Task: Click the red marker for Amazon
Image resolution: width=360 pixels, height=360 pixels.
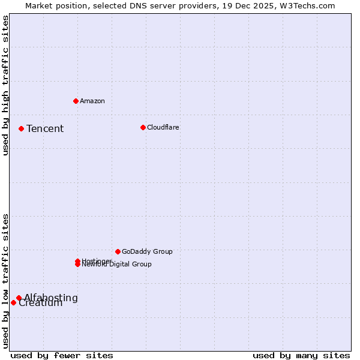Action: [76, 101]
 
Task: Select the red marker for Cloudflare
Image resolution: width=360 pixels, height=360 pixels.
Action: [143, 127]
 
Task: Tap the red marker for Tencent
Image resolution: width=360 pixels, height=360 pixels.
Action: [21, 128]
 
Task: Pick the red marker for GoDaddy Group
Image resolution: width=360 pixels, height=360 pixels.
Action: [118, 251]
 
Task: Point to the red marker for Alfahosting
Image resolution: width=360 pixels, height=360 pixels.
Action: [19, 298]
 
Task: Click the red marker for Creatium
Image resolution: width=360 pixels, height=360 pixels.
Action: [13, 302]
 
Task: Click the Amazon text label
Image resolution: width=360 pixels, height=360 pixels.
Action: [92, 101]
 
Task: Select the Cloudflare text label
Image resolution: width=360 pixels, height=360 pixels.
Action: [163, 127]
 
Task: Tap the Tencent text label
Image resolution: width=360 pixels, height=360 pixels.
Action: [45, 128]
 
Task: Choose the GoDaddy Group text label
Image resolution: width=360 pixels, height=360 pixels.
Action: [147, 251]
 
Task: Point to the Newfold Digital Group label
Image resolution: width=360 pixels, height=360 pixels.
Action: [117, 265]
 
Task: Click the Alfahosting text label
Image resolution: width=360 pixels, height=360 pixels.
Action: [51, 298]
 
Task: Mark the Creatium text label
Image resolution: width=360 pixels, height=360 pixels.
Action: [41, 304]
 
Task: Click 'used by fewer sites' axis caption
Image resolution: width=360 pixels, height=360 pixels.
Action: [62, 355]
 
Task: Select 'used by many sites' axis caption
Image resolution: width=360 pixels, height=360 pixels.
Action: [301, 355]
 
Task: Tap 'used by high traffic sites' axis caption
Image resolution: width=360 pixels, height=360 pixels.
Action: [5, 85]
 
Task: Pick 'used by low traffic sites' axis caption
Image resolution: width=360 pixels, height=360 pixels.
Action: [5, 280]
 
